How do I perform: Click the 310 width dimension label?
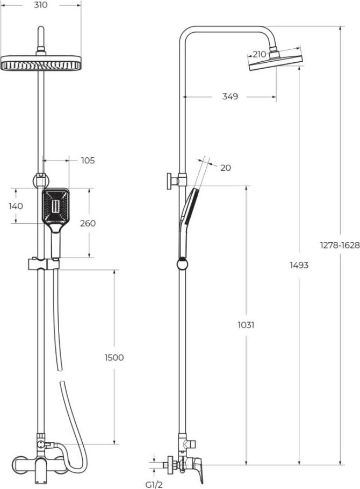point(41,5)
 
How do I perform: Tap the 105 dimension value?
point(88,160)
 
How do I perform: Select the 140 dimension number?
point(16,206)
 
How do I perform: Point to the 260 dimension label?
point(88,224)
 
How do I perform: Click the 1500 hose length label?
point(114,357)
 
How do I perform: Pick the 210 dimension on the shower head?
point(259,54)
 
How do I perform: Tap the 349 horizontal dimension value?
point(230,97)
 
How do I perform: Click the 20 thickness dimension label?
point(226,168)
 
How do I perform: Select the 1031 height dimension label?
point(246,325)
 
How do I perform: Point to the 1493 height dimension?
point(299,265)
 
